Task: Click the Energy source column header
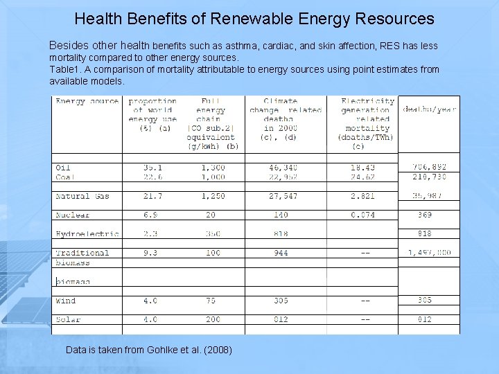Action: click(x=87, y=101)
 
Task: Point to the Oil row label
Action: click(x=63, y=167)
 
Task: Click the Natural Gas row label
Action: click(x=82, y=197)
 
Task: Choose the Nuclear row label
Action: click(x=73, y=215)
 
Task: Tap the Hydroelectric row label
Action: click(x=87, y=234)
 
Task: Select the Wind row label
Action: click(x=66, y=301)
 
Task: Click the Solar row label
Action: click(x=68, y=319)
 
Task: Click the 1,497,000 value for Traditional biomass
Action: click(x=429, y=253)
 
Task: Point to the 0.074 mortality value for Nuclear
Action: click(x=362, y=215)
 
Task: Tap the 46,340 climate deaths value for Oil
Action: click(x=281, y=167)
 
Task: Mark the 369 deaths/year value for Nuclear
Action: click(x=424, y=215)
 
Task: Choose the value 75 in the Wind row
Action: click(x=210, y=301)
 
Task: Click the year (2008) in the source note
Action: click(x=218, y=350)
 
